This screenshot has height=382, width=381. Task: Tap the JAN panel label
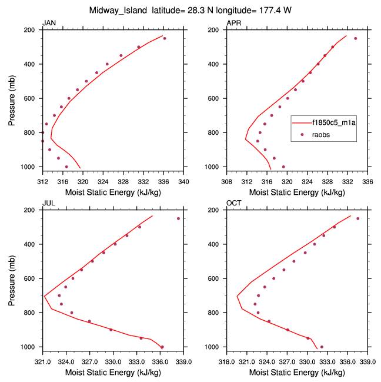(49, 23)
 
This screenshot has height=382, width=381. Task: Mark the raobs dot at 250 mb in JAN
(165, 38)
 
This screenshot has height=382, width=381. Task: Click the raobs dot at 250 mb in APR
(355, 38)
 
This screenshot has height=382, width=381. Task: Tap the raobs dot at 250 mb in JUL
(178, 218)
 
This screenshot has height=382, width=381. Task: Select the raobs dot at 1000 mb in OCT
(322, 347)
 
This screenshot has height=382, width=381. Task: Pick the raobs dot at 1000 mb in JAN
(66, 167)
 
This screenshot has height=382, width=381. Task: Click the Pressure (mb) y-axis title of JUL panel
(12, 278)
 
